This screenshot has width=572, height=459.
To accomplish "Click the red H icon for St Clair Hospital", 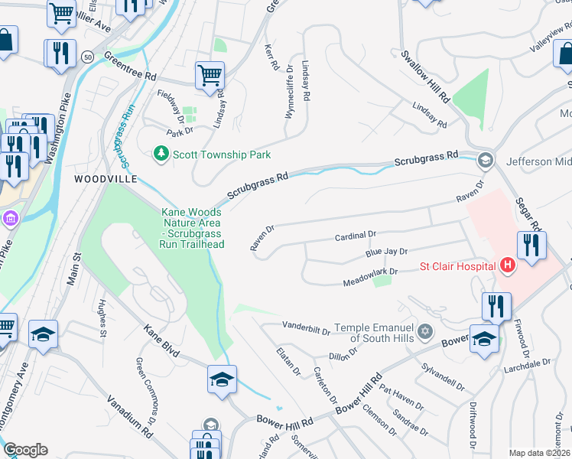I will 506,266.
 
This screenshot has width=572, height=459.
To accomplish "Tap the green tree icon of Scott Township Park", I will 161,155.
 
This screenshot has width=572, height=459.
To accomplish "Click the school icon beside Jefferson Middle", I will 483,161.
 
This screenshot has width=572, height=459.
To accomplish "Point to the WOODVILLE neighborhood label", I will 106,178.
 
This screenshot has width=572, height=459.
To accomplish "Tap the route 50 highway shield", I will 89,57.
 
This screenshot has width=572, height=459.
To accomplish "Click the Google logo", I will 25,450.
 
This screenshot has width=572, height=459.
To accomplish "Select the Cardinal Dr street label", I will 356,235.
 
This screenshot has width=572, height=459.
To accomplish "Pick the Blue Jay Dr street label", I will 386,251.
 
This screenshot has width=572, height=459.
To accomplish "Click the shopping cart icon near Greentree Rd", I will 209,76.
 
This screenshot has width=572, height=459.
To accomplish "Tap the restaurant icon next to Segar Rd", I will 531,246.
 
